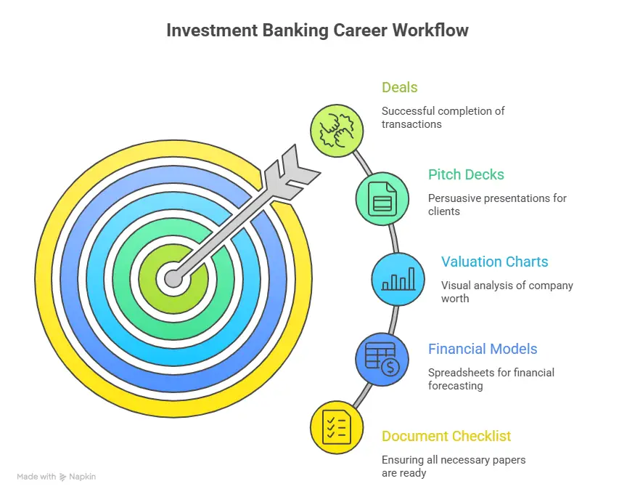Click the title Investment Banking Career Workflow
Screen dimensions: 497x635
tap(317, 31)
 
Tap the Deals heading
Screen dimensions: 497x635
tap(399, 87)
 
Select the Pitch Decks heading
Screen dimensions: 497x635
tap(466, 174)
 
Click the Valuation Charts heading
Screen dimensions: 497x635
tap(494, 262)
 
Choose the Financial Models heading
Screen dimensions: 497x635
tap(483, 349)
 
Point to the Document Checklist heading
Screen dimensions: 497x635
tap(446, 436)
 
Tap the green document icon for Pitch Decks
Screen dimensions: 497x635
tap(382, 198)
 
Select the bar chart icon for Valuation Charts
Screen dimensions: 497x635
tap(398, 279)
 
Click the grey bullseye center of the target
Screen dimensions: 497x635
tap(173, 278)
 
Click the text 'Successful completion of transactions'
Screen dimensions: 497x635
tap(443, 118)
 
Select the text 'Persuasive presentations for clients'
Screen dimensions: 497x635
tap(496, 205)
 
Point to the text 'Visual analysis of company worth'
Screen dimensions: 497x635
tap(507, 292)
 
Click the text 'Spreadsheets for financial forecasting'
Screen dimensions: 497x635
tap(491, 379)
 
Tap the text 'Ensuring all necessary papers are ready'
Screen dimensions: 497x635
tap(453, 466)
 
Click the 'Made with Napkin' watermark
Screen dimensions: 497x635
tap(56, 477)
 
